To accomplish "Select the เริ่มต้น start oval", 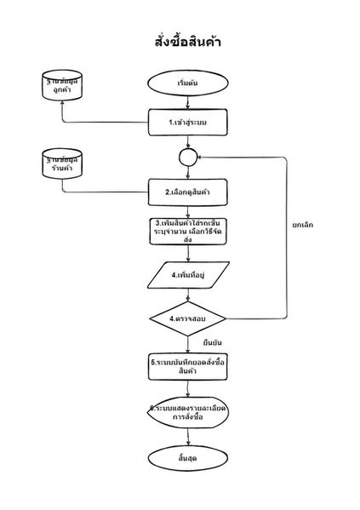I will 188,83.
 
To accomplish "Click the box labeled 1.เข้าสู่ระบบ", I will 188,123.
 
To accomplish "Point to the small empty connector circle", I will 188,157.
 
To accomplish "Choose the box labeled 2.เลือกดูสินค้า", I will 188,192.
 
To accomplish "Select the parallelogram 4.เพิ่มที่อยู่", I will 188,276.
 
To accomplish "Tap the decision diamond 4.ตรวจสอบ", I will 188,318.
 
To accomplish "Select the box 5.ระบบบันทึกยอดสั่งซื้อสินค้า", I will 188,366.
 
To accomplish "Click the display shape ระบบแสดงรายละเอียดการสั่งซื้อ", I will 188,413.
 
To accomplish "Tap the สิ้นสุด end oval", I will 188,460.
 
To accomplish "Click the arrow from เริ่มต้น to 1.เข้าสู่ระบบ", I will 188,102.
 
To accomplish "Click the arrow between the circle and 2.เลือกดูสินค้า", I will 188,172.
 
